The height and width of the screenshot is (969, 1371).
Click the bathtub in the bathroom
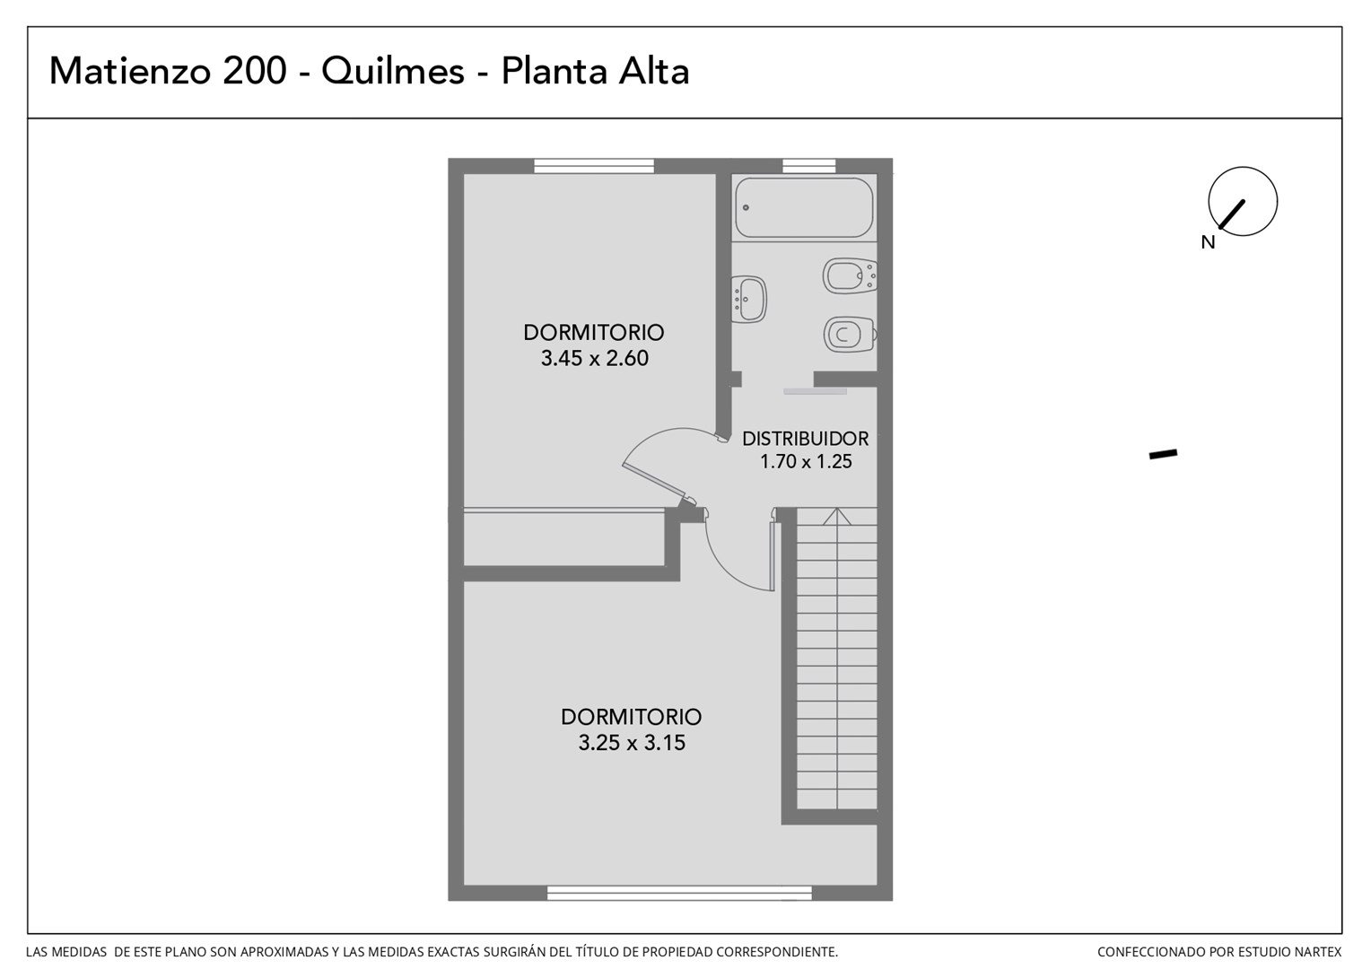[804, 207]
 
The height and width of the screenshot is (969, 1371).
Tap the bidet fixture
[850, 276]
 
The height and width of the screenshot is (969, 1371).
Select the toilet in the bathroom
[850, 335]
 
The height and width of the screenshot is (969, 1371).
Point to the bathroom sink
[748, 300]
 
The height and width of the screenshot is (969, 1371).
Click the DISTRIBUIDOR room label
[806, 438]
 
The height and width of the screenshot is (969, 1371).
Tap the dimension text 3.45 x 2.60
[594, 358]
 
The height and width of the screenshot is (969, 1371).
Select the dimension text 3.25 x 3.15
[632, 743]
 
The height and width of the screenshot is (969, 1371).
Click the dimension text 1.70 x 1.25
[806, 461]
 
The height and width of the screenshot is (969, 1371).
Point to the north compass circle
[1243, 201]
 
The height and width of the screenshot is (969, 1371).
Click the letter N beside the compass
[1208, 243]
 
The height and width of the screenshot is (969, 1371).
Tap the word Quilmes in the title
[393, 72]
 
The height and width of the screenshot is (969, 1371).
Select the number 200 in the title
[255, 71]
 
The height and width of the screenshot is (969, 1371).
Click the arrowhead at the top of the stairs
[836, 516]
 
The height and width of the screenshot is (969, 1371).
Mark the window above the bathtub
[809, 166]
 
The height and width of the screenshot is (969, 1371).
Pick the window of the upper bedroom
[594, 166]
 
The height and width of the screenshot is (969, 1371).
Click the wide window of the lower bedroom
[679, 893]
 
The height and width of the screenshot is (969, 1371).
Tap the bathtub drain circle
[746, 207]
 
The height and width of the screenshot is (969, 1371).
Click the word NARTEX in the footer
[1316, 953]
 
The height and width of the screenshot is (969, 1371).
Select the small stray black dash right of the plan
[1163, 454]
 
